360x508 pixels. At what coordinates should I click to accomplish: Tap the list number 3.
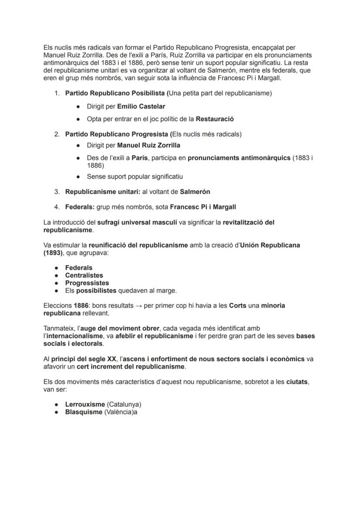coord(57,192)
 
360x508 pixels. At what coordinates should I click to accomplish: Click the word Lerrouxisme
coord(85,405)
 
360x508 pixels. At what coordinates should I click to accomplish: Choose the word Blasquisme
coord(84,412)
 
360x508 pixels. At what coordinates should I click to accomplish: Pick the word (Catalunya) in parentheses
coord(124,405)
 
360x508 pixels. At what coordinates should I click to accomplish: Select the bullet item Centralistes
coord(84,276)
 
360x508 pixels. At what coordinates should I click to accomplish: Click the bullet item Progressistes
coord(87,283)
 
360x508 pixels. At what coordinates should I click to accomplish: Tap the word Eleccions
coord(58,305)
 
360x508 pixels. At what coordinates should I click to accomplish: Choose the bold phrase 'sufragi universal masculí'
coord(137,222)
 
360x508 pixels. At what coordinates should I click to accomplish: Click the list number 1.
coord(57,93)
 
